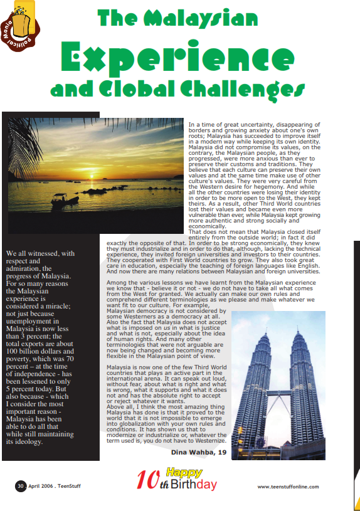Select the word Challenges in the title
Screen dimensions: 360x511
pos(241,90)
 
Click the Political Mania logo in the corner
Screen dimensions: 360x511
pos(20,26)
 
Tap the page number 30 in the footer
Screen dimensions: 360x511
pos(20,486)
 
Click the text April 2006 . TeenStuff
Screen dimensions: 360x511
pos(54,486)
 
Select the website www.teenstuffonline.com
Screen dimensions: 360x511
pos(288,487)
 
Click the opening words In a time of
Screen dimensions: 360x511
pos(204,125)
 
